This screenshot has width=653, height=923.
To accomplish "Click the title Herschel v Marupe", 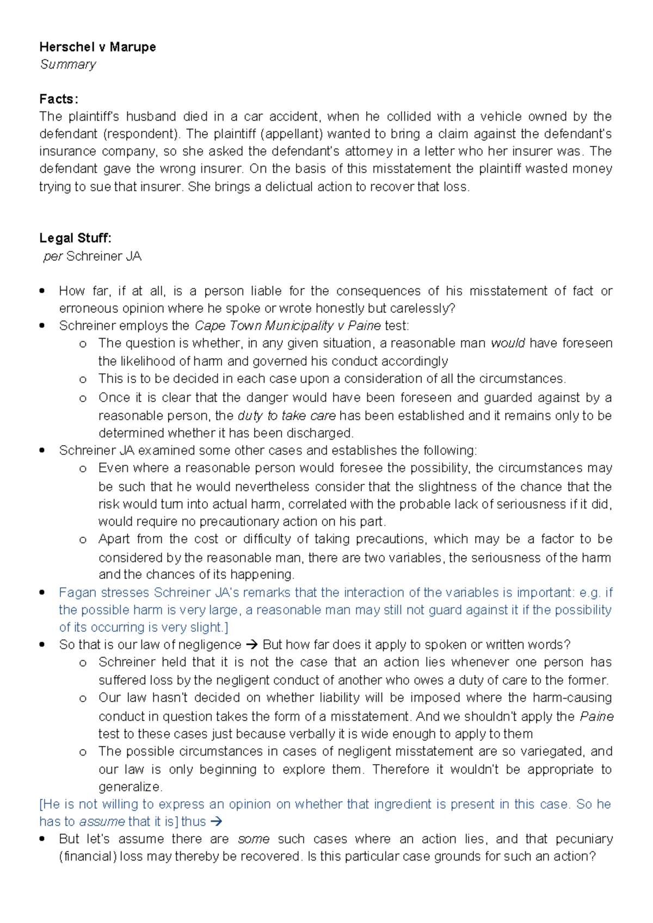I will tap(97, 47).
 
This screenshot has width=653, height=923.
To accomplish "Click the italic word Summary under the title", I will tap(68, 64).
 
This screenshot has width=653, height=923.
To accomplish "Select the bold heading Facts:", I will tap(59, 99).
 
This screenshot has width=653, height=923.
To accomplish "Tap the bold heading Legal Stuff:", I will tap(75, 238).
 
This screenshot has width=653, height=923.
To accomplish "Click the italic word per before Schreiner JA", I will tap(53, 256).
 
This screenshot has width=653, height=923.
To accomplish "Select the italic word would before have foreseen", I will tap(507, 343).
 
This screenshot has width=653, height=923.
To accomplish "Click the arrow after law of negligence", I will tap(251, 645).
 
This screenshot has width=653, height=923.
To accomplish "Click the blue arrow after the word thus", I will tap(216, 821).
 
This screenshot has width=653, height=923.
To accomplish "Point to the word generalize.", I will tap(130, 786).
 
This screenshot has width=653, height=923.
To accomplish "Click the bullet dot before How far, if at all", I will tap(42, 291).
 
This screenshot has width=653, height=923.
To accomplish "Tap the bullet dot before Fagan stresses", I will tap(42, 592).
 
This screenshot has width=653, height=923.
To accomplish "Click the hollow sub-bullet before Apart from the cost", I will tap(83, 539).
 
